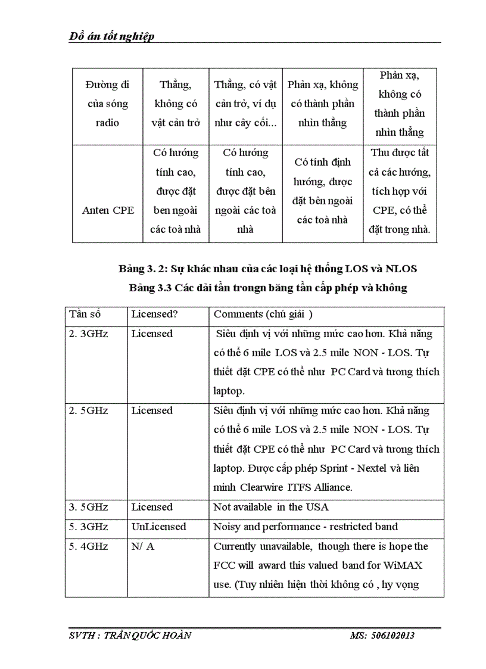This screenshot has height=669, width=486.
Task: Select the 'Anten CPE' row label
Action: click(x=108, y=210)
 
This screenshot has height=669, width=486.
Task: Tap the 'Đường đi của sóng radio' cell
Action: click(x=108, y=104)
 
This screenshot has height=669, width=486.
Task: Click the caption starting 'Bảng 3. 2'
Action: click(x=267, y=269)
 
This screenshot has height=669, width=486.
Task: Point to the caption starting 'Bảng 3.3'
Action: click(x=267, y=288)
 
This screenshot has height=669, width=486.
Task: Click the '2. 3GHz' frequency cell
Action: click(x=88, y=334)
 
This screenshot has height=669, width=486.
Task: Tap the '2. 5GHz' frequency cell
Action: click(x=88, y=410)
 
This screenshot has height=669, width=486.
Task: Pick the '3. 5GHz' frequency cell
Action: click(x=88, y=507)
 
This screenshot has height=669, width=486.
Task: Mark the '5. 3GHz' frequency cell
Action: click(x=88, y=527)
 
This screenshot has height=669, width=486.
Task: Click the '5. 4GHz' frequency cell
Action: click(x=88, y=546)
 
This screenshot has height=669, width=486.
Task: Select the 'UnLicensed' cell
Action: click(x=158, y=527)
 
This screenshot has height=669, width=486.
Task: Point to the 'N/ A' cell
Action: click(x=143, y=546)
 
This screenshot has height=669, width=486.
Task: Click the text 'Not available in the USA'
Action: click(x=271, y=507)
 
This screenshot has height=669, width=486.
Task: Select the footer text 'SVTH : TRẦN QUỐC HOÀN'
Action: click(x=130, y=635)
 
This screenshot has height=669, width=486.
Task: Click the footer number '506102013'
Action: click(x=393, y=635)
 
